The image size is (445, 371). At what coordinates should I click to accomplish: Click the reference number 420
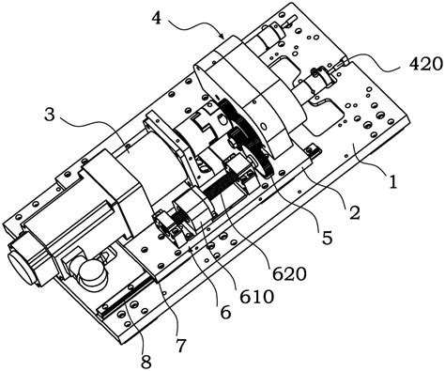[x=426, y=65]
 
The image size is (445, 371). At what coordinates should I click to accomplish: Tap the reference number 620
[x=289, y=274]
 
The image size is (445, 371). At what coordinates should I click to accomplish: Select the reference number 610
[x=257, y=297]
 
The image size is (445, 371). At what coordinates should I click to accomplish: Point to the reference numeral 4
[x=157, y=18]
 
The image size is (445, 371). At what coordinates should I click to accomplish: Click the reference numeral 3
[x=50, y=115]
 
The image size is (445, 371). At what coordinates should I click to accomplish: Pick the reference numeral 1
[x=392, y=181]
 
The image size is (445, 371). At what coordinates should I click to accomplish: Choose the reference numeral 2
[x=355, y=213]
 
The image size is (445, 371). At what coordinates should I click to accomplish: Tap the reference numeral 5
[x=327, y=239]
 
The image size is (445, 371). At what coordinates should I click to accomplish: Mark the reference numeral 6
[x=225, y=312]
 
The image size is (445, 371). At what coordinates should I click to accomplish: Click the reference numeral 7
[x=181, y=346]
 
